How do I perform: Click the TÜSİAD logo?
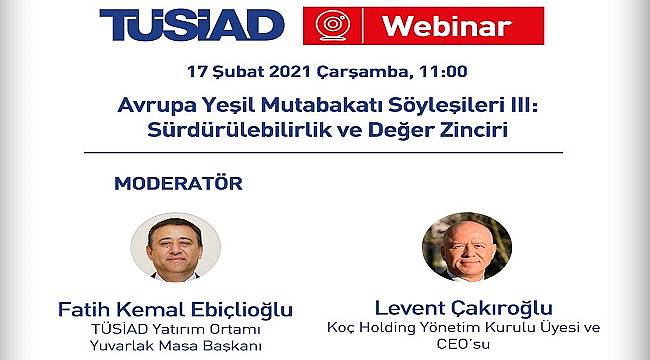click(x=192, y=26)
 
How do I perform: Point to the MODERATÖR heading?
click(x=178, y=184)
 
